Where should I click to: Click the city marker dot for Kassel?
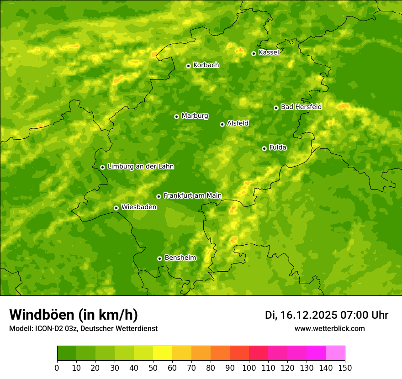[254, 53]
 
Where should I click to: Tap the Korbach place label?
[206, 65]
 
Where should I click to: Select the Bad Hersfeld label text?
[301, 107]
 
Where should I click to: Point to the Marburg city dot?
[176, 116]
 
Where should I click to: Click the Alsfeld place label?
[238, 123]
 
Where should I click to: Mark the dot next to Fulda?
[264, 148]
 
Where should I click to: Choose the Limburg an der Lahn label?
[140, 167]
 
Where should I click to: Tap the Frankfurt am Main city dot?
[159, 196]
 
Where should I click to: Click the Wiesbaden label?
[138, 207]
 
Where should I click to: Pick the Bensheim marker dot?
[159, 258]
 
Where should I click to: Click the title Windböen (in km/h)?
[73, 315]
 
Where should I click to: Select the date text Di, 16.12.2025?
[301, 315]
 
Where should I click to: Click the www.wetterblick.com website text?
[329, 328]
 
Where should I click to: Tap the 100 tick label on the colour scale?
[249, 368]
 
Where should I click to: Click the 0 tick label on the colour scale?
[57, 368]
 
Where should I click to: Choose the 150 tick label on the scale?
[345, 368]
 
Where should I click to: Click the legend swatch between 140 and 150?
[335, 353]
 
